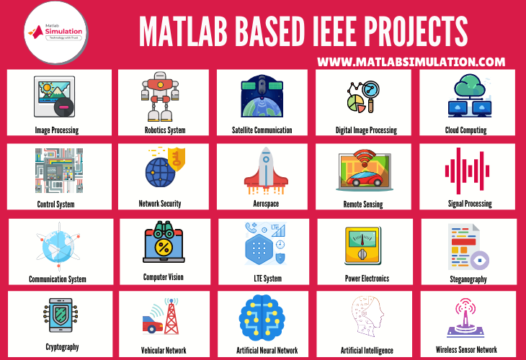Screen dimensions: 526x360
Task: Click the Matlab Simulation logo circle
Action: coord(56,32)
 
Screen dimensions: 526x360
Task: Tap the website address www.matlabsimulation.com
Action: coord(411,62)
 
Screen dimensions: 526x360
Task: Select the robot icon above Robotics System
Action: coord(160,96)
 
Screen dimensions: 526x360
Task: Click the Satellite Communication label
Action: coord(262,130)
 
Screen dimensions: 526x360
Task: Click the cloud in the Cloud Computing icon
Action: coord(470,86)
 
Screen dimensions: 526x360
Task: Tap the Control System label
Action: coord(55,204)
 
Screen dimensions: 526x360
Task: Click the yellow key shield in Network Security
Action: coord(177,159)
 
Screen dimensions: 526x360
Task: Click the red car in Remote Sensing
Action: coord(365,177)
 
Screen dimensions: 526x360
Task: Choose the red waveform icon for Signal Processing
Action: coord(467,171)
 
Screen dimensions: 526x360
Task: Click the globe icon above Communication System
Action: coord(58,246)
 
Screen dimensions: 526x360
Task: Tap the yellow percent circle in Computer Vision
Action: coord(164,248)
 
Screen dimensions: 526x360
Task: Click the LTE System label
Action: coord(268,278)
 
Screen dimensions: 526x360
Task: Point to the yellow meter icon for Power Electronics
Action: coord(362,246)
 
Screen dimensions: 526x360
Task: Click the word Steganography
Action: coord(468,279)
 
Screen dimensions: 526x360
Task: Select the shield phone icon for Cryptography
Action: coord(61,315)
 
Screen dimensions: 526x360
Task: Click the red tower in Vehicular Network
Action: coord(171,316)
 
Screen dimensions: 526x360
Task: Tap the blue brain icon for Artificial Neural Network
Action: coord(262,315)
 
